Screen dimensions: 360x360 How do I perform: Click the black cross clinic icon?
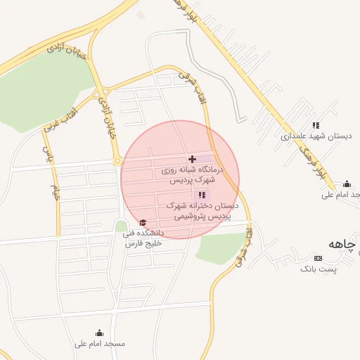point(193,160)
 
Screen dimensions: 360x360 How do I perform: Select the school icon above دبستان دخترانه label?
point(202,195)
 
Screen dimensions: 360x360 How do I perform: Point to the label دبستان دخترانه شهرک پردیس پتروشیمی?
point(202,211)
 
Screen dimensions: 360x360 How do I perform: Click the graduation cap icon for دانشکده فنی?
point(143,222)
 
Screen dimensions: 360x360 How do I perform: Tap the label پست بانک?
point(319,269)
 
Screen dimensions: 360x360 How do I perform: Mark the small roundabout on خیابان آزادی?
point(117,161)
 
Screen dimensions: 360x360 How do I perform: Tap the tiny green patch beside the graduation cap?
point(121,226)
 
